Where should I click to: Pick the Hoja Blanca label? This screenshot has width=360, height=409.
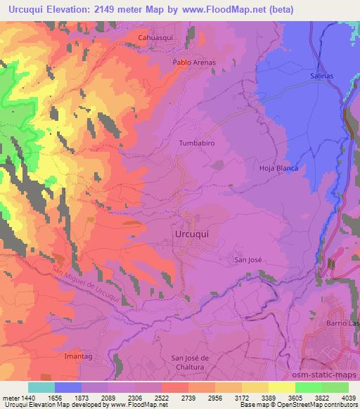[x=278, y=168]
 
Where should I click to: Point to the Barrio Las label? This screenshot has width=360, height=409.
[x=342, y=322]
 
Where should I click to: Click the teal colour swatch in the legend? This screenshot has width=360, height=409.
[x=41, y=387]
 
